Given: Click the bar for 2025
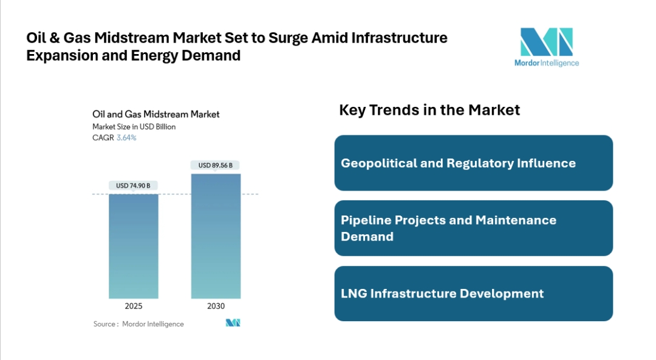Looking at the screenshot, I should [134, 246].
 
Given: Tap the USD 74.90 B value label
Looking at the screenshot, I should [134, 185].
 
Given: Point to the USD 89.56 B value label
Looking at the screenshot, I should [216, 165].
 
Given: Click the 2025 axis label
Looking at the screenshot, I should [134, 306].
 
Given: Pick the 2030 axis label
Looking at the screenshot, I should [216, 306].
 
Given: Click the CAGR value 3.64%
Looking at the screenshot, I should [126, 138].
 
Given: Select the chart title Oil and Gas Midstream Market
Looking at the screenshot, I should [156, 114].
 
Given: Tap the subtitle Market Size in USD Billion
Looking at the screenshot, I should [134, 127].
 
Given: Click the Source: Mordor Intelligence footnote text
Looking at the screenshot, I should [138, 324].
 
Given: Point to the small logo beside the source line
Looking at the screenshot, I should [233, 323].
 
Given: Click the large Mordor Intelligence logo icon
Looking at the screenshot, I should [546, 42].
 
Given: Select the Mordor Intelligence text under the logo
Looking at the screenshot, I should [546, 63].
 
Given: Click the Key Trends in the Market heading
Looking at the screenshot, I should [429, 110].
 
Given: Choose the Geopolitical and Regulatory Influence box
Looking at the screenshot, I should [473, 163].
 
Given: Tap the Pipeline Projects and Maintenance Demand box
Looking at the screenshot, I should [473, 228].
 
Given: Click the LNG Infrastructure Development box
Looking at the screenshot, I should [473, 293].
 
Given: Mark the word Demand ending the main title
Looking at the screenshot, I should [216, 56].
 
